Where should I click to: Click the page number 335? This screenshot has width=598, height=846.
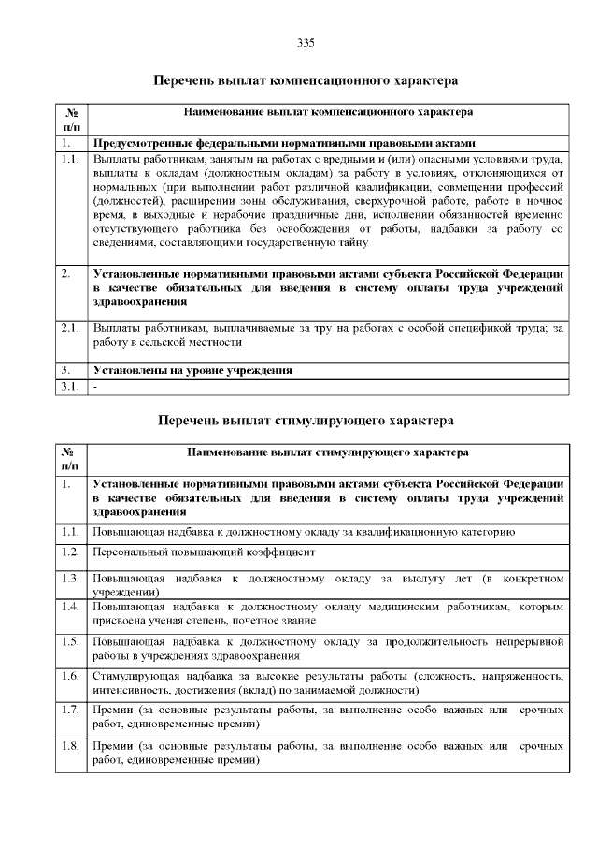click(x=305, y=42)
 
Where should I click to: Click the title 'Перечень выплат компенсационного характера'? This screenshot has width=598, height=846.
click(x=306, y=81)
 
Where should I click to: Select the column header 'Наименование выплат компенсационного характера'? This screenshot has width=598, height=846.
click(x=327, y=112)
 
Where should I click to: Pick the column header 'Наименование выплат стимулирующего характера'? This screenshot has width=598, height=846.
click(x=327, y=452)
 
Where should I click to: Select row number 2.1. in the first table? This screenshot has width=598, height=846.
click(x=69, y=328)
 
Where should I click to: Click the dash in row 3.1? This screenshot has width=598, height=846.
click(x=95, y=386)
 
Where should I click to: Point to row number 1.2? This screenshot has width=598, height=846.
click(x=69, y=552)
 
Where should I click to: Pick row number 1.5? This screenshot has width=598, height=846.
click(x=69, y=641)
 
